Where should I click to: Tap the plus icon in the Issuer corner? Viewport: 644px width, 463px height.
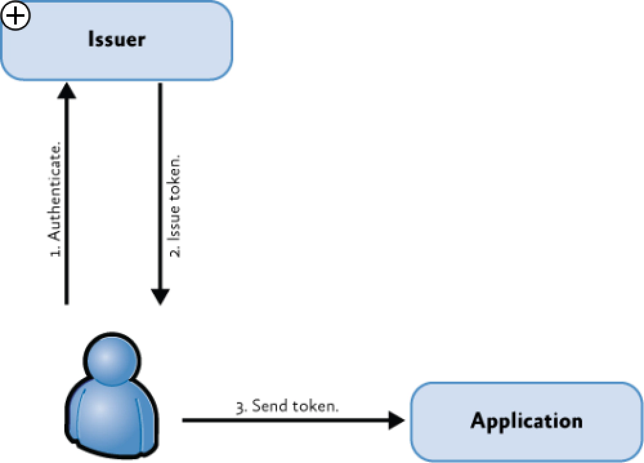pos(15,16)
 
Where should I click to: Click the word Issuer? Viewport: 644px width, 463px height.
pos(117,39)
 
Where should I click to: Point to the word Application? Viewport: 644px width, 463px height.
pos(526,421)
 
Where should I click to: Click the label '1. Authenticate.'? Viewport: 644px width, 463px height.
pos(55,200)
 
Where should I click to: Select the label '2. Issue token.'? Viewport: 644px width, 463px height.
pos(175,205)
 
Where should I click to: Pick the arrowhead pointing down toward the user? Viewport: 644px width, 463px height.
pos(160,296)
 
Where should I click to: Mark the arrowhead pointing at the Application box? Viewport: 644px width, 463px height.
pos(395,421)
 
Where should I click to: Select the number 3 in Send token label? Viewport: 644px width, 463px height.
pos(240,407)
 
